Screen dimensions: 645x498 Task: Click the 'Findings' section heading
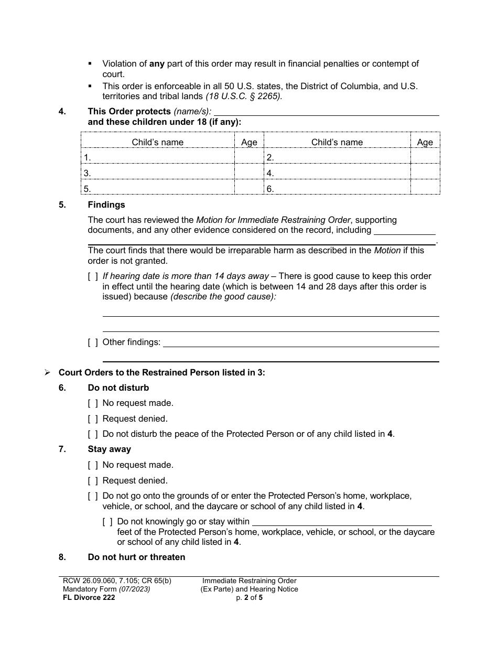(106, 205)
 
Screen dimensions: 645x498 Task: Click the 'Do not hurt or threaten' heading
(136, 557)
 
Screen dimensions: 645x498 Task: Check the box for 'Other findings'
(93, 342)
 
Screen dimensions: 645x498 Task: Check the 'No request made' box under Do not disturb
(93, 403)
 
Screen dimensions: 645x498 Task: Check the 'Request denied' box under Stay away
(93, 480)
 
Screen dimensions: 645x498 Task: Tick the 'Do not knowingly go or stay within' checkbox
(107, 522)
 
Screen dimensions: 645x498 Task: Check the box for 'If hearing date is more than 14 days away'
(93, 276)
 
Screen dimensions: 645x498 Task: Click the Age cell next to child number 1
(249, 157)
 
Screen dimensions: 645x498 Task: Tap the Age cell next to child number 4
(425, 173)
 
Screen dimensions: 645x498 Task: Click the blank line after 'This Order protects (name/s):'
(327, 112)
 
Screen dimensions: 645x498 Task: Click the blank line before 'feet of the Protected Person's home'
(342, 522)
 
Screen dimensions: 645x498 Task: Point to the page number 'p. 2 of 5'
(250, 597)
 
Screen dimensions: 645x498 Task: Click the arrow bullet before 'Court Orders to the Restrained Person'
(47, 373)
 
